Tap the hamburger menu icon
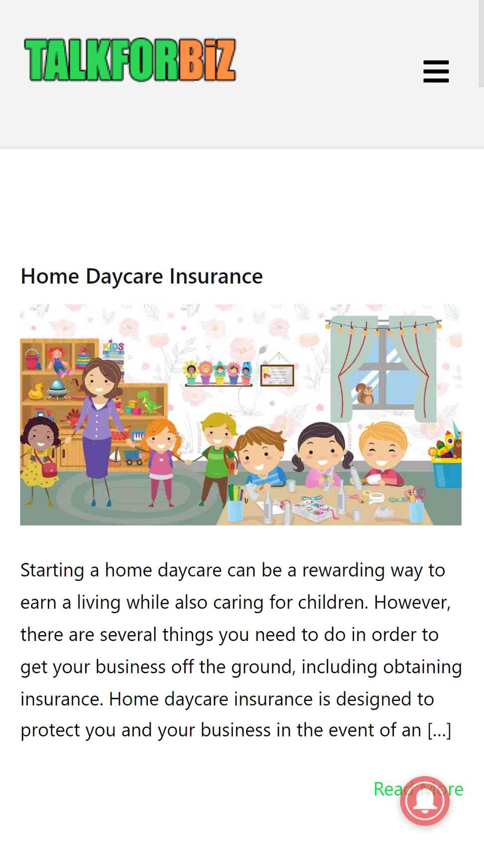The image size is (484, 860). click(436, 71)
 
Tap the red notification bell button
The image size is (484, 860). click(425, 801)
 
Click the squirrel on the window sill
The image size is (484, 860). click(365, 394)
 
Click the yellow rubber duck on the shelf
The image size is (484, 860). click(36, 391)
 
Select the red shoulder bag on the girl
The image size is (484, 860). click(49, 469)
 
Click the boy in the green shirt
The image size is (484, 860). click(216, 455)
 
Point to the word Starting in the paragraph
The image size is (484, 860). click(52, 570)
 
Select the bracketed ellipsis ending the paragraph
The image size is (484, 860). click(439, 731)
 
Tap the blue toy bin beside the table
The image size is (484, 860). click(447, 473)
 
